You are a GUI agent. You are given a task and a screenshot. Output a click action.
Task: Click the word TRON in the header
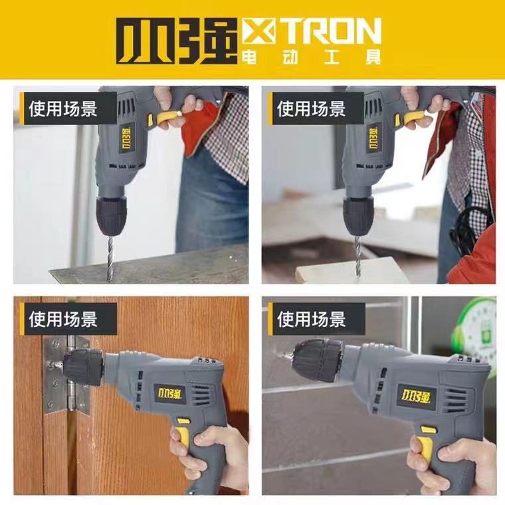(x=332, y=31)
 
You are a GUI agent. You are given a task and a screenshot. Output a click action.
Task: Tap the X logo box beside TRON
(x=259, y=31)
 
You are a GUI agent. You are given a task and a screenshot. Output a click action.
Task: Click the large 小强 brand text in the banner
(x=177, y=41)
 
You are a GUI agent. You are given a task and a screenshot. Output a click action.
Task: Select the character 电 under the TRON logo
(x=249, y=56)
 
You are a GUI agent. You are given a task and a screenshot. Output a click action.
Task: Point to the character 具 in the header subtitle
(x=373, y=56)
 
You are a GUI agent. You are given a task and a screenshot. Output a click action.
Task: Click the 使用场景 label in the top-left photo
(x=63, y=108)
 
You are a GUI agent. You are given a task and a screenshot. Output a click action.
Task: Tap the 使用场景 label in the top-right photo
(x=311, y=108)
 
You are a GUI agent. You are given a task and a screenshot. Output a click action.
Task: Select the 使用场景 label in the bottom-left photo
(x=63, y=319)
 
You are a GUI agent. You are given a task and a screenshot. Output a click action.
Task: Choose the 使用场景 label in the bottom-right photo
(x=311, y=319)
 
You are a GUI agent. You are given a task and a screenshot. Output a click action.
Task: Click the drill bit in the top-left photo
(x=110, y=258)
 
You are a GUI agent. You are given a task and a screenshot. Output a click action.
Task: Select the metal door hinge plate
(x=66, y=375)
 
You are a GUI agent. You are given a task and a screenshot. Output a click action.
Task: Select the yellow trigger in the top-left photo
(x=166, y=118)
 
